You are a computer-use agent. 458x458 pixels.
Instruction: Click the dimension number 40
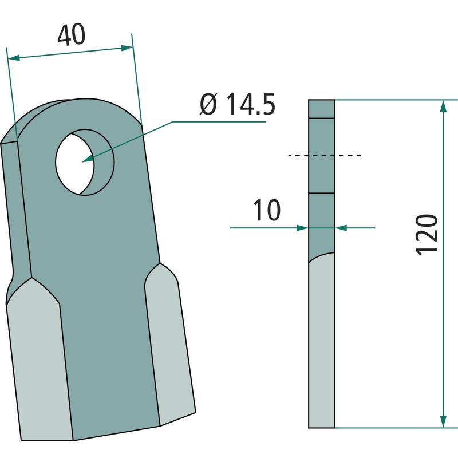click(x=72, y=35)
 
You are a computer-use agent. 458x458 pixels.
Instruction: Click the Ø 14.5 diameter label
click(x=238, y=104)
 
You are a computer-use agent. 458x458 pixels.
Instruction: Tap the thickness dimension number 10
click(x=267, y=210)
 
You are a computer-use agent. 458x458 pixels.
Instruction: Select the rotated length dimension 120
click(x=427, y=235)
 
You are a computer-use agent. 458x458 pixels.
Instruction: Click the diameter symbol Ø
click(x=208, y=104)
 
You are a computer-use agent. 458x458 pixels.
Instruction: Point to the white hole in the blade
click(x=74, y=164)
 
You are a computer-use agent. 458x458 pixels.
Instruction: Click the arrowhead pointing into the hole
click(x=88, y=159)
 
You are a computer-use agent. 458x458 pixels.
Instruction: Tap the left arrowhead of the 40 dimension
click(x=14, y=58)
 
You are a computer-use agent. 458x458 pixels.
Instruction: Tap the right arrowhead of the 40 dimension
click(x=127, y=48)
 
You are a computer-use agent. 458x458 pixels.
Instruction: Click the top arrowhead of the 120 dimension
click(x=443, y=106)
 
